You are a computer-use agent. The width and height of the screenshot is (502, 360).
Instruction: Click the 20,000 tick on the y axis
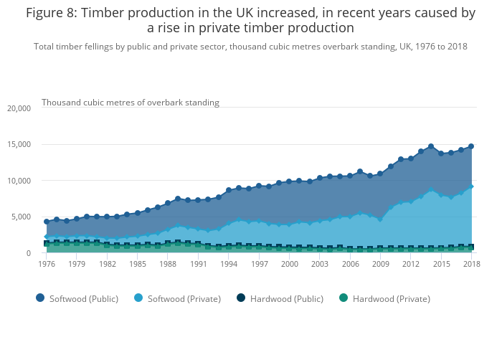18,108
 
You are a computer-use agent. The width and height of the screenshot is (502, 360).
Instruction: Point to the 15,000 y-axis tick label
18,144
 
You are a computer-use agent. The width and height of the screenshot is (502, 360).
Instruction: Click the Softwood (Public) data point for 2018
471,146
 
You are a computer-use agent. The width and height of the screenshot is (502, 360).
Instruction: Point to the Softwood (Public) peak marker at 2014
431,146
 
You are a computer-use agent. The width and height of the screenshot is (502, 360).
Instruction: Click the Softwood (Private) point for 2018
471,186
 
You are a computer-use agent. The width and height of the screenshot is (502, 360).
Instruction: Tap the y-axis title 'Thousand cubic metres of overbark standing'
130,103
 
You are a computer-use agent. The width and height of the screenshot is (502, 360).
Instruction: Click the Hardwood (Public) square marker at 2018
471,247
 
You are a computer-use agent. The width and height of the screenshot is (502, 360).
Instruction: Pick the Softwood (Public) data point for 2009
380,174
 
